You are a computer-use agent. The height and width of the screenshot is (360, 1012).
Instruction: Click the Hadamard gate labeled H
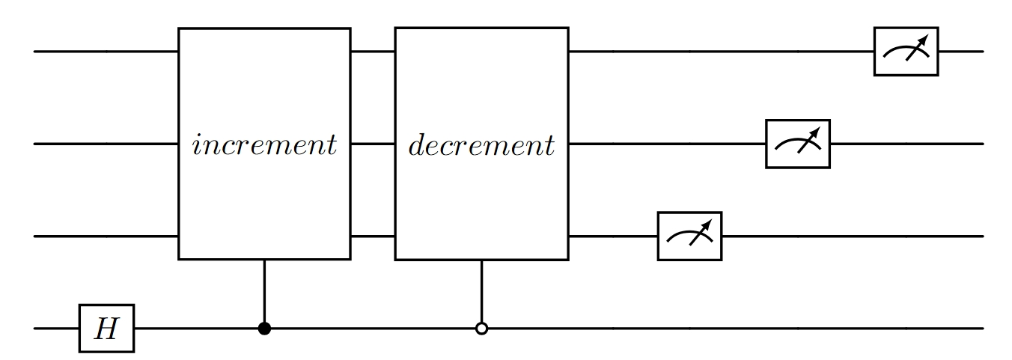coord(106,328)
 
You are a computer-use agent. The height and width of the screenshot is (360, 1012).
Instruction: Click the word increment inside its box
coord(264,144)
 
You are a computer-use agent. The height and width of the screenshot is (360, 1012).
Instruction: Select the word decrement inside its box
coord(481,144)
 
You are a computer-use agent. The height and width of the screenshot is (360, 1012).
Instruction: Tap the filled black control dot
coord(263,328)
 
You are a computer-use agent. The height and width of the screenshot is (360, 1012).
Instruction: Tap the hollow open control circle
coord(481,328)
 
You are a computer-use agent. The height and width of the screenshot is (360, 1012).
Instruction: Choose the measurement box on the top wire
coord(906,52)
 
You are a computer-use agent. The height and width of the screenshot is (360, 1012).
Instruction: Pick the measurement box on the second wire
coord(797,144)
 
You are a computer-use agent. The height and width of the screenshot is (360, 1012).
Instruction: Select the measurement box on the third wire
coord(689,237)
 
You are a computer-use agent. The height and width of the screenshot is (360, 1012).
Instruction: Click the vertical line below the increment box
coord(263,292)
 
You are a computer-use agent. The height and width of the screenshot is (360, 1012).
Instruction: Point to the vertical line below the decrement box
coord(481,292)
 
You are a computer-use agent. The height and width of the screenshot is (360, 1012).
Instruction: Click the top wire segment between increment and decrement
coord(373,52)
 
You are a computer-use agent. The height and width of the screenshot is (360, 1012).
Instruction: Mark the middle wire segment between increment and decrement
coord(373,144)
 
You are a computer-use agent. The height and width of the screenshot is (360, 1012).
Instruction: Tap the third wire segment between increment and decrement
coord(373,237)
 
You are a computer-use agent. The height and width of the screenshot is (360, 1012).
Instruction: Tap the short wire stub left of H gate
coord(57,328)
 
